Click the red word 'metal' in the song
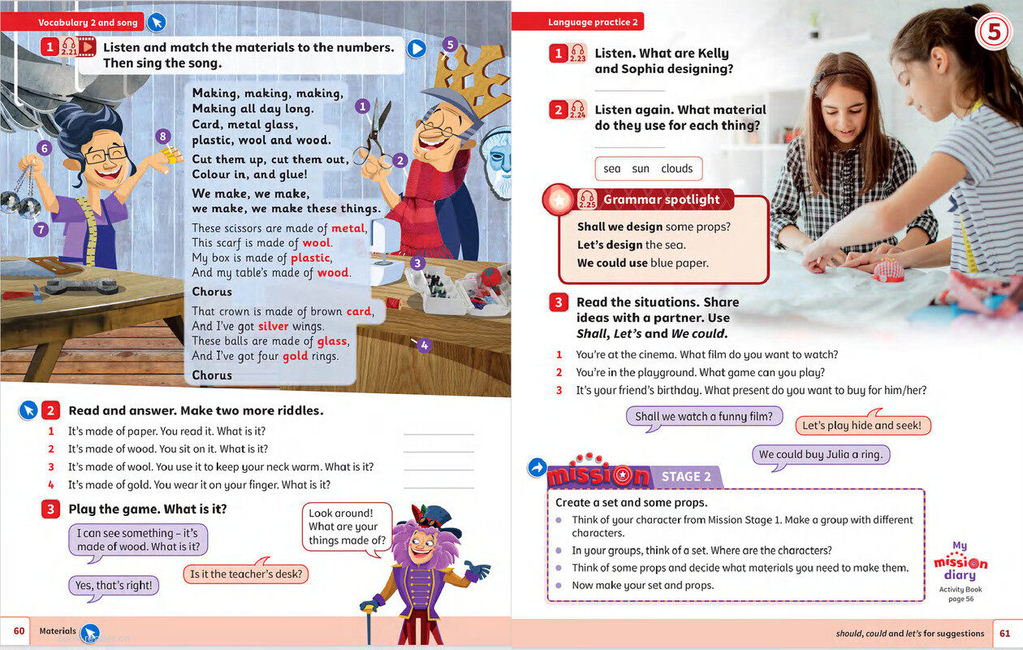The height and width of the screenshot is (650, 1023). (347, 229)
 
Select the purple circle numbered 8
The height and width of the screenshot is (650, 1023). (163, 136)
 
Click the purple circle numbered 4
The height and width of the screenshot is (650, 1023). (424, 344)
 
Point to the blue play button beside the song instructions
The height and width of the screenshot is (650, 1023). (417, 48)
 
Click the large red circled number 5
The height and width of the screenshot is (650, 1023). (993, 33)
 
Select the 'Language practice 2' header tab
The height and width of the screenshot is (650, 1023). (592, 23)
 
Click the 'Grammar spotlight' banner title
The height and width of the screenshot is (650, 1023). (661, 200)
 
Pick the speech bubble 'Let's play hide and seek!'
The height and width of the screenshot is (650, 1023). (861, 426)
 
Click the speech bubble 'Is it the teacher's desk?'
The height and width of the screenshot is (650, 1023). (245, 574)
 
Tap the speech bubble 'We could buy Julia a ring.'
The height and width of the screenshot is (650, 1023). (820, 455)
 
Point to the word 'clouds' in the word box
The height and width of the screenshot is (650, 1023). (676, 169)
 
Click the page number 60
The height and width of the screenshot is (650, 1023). (19, 630)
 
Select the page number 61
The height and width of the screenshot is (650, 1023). (1004, 633)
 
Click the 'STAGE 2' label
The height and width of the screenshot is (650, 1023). (686, 477)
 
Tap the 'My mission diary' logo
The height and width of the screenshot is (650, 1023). (960, 569)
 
